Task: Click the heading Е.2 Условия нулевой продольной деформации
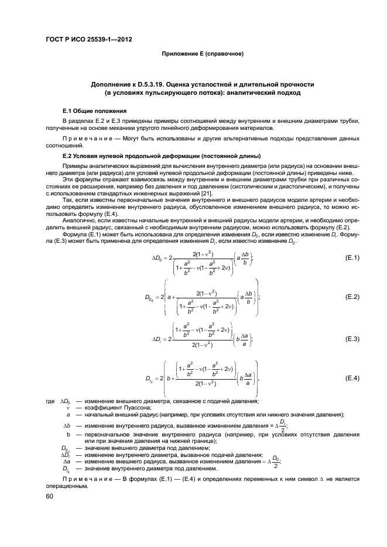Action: (x=162, y=156)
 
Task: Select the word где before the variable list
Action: (x=50, y=401)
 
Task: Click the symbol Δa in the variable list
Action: (x=66, y=462)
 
